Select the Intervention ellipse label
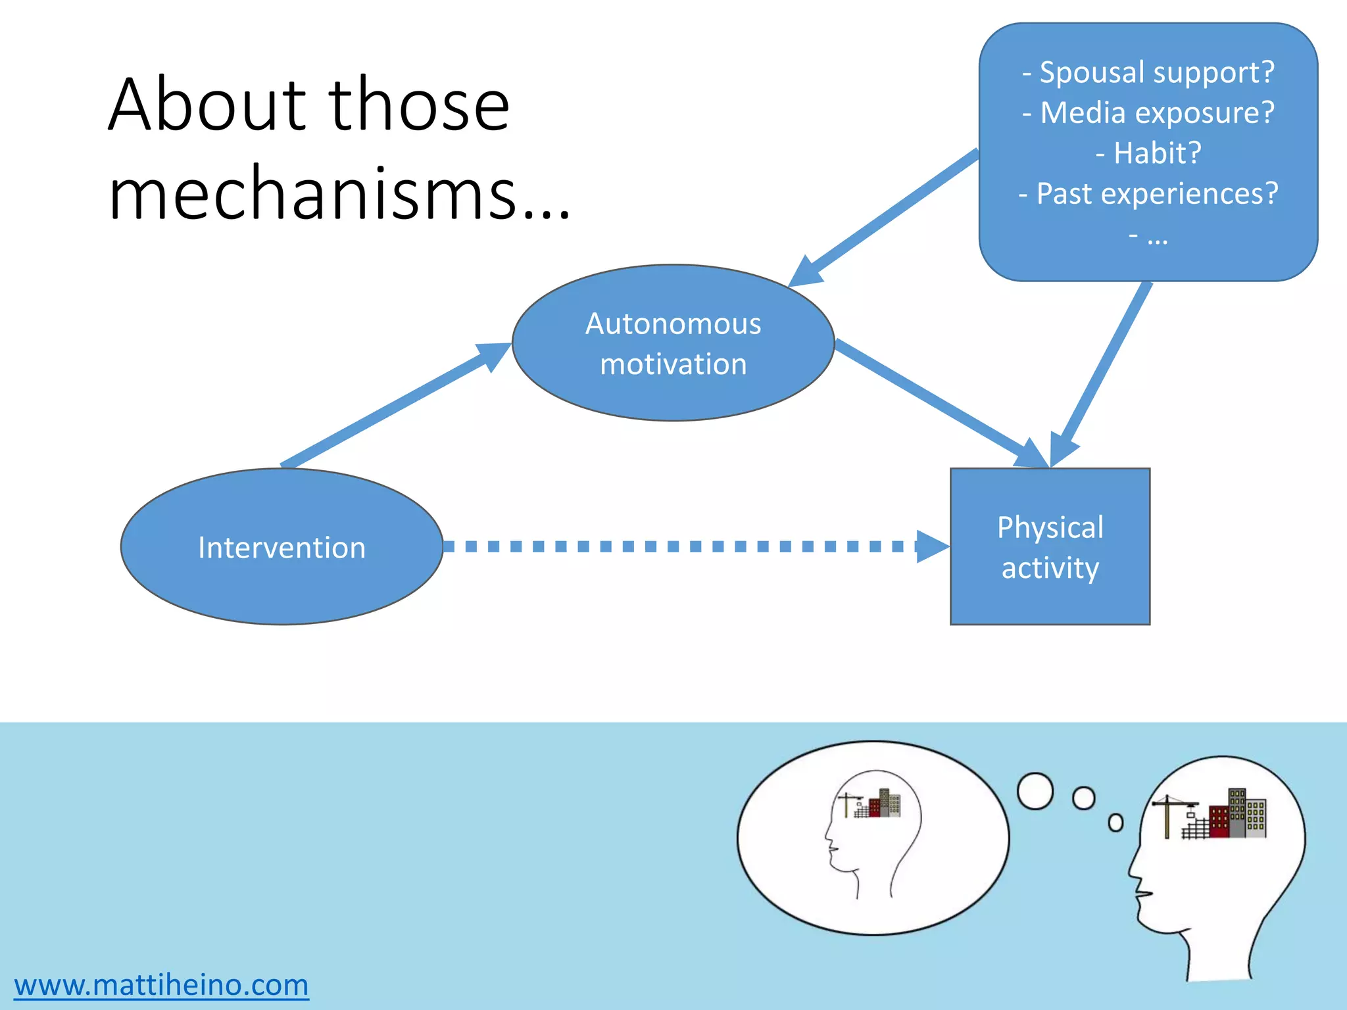(x=282, y=548)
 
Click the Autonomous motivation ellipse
(x=673, y=343)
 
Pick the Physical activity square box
(x=1050, y=547)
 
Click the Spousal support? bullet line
(x=1148, y=72)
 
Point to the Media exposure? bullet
(x=1148, y=112)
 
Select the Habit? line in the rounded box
(x=1148, y=153)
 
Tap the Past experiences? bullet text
(x=1148, y=194)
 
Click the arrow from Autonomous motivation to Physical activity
(x=934, y=398)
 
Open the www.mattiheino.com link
(x=161, y=985)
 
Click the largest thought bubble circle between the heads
(x=1035, y=791)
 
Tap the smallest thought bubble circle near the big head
(x=1115, y=823)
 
